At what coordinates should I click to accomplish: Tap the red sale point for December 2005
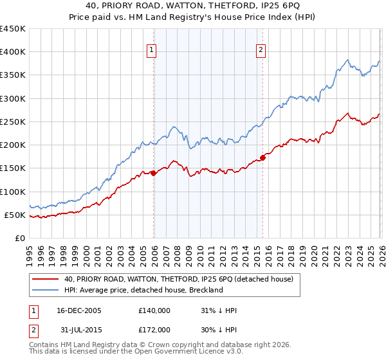[154, 173]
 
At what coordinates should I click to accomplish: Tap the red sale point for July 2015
[263, 157]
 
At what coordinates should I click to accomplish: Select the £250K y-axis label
[13, 122]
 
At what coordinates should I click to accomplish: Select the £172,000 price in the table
[154, 330]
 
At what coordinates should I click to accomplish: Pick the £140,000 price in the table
[154, 310]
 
